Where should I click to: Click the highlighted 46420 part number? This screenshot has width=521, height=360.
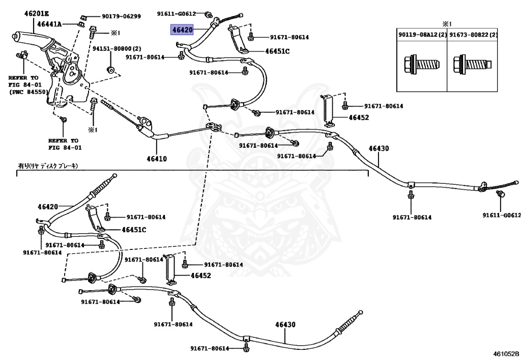182,30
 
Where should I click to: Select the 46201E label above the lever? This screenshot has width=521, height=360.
37,14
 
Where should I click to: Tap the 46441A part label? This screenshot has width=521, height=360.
49,24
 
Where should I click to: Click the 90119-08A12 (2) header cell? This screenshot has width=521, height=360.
421,35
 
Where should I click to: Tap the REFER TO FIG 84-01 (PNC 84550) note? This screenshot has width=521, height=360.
27,85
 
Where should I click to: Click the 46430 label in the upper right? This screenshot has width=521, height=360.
378,148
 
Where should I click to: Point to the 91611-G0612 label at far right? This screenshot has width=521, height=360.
502,215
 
